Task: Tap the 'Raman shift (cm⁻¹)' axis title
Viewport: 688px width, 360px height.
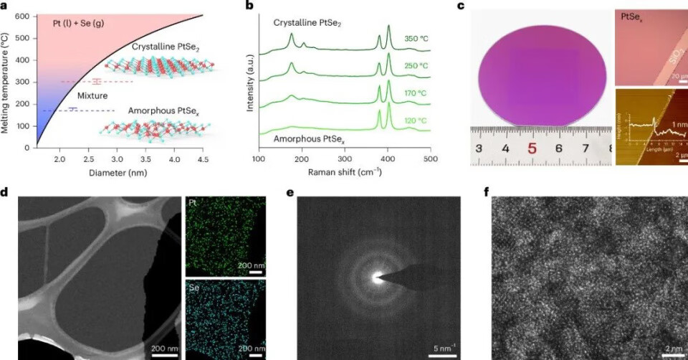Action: pyautogui.click(x=345, y=172)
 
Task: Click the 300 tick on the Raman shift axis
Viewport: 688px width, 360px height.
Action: pyautogui.click(x=344, y=158)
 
